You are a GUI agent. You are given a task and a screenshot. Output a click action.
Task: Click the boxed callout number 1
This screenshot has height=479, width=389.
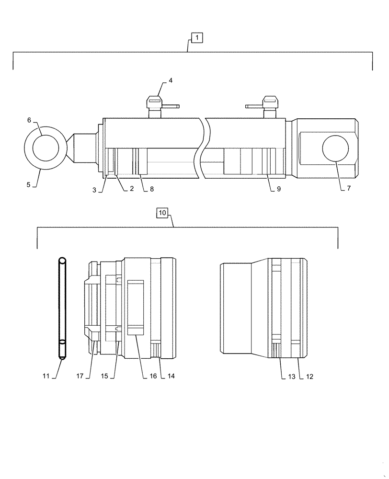(x=197, y=37)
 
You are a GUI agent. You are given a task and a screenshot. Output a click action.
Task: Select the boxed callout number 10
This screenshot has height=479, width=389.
(x=162, y=212)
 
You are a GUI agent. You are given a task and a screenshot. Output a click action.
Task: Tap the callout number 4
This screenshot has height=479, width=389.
(x=171, y=80)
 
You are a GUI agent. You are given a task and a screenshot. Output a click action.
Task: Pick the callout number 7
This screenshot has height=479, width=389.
(x=349, y=189)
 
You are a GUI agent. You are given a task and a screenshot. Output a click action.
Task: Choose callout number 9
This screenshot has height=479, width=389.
(x=278, y=189)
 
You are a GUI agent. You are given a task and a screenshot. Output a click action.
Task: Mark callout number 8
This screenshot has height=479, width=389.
(x=151, y=189)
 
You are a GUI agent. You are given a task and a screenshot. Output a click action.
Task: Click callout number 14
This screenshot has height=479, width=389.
(x=171, y=376)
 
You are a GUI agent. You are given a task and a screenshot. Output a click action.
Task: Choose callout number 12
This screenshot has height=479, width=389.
(x=309, y=376)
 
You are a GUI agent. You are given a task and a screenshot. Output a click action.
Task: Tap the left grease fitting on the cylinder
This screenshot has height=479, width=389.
(x=155, y=107)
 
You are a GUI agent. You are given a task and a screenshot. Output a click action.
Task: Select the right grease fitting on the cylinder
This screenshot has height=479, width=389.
(x=269, y=107)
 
